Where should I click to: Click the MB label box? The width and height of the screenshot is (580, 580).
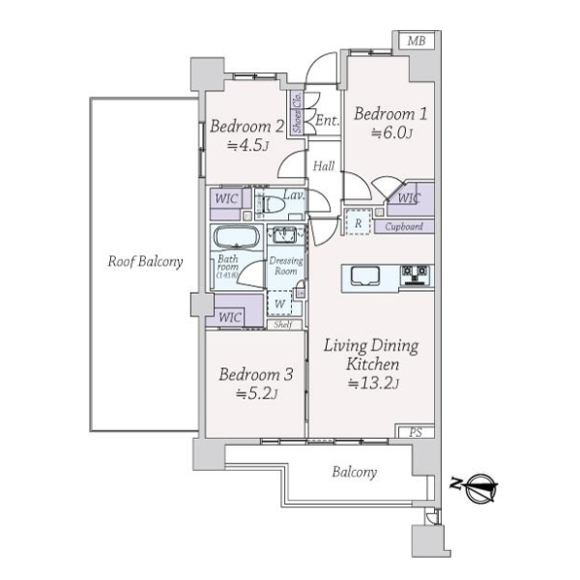pos(417,41)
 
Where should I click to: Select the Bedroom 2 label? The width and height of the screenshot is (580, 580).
pos(246,127)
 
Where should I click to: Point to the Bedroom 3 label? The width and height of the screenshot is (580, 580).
pos(254,375)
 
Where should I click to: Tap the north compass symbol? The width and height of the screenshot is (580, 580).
pos(479,490)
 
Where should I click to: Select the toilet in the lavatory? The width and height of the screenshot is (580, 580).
pos(272,205)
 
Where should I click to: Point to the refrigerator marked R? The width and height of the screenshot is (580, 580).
pos(358,222)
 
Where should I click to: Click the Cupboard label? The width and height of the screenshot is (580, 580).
pos(404,227)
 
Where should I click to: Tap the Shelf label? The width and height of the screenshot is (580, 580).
pos(283,325)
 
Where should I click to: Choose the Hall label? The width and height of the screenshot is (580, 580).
pos(324,167)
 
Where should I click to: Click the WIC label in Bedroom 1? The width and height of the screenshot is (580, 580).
pos(409,199)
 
